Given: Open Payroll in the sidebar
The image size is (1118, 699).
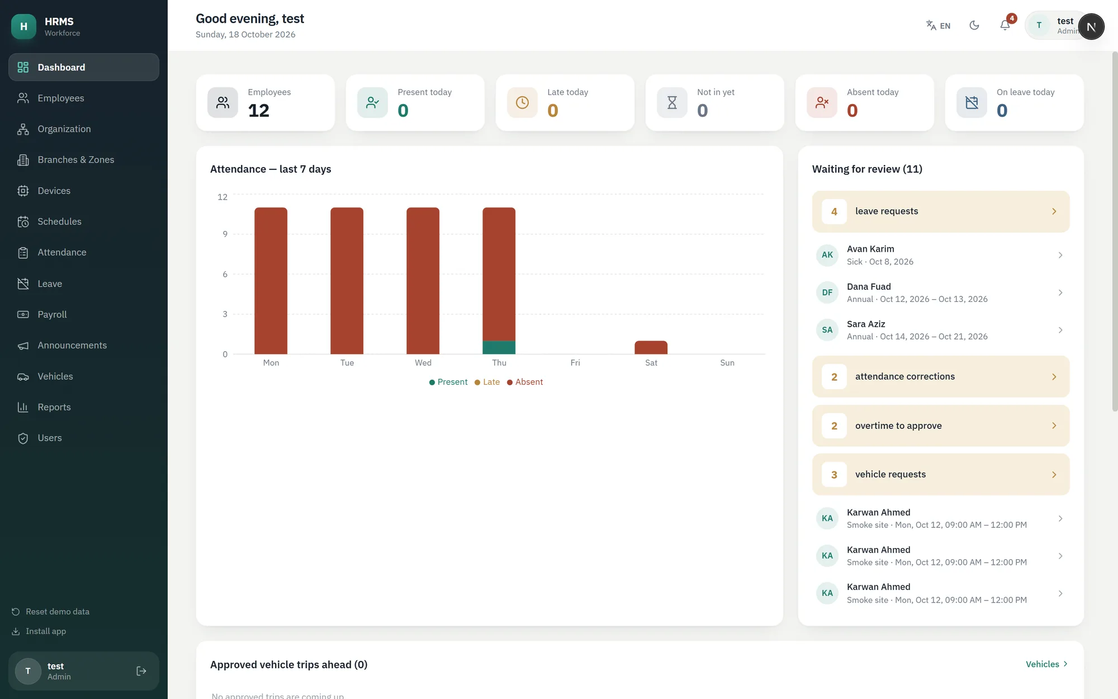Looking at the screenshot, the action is (52, 314).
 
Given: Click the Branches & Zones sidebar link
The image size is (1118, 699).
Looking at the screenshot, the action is (75, 160).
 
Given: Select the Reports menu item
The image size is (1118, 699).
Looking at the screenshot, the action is (54, 407).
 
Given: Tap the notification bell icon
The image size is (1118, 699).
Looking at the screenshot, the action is (1005, 25).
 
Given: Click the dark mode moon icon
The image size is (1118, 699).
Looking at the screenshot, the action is (974, 25).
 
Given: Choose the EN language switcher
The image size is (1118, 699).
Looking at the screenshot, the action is (938, 25).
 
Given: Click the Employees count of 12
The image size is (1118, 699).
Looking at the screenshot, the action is (259, 111).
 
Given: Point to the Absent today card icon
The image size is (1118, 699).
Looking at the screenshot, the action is (822, 102).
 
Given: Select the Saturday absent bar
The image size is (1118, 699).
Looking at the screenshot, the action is (651, 347).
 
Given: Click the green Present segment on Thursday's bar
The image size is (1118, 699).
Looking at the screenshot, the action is (499, 347).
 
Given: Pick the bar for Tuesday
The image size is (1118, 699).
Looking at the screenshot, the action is (347, 281).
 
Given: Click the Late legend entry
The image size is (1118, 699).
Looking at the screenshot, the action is (487, 382).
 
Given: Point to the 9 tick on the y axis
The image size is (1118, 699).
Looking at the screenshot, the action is (225, 234).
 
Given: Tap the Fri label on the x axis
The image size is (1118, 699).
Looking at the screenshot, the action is (575, 363).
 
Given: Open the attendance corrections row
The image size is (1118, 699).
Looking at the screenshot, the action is (940, 376).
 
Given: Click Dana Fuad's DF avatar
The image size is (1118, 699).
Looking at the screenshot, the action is (827, 292).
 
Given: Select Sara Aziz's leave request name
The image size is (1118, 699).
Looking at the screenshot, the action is (866, 324).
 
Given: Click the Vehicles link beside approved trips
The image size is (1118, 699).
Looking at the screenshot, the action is (1046, 664).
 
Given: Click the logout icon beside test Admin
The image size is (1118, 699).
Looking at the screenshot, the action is (141, 671).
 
